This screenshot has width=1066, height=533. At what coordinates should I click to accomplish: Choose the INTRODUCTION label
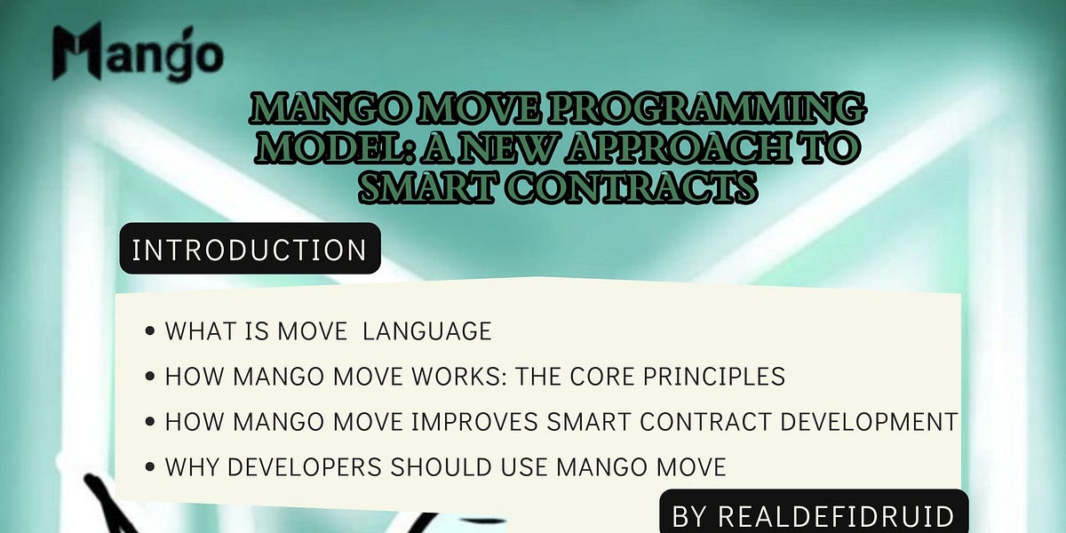point(250,250)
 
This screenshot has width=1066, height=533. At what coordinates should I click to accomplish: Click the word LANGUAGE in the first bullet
point(427,331)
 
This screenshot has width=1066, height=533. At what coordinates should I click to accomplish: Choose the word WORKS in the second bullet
point(432,376)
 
